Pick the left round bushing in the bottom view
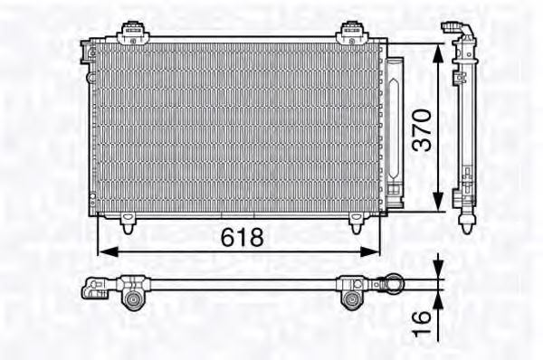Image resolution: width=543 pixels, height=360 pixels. click(x=132, y=298)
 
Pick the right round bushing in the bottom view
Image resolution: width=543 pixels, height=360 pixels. click(x=353, y=298)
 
